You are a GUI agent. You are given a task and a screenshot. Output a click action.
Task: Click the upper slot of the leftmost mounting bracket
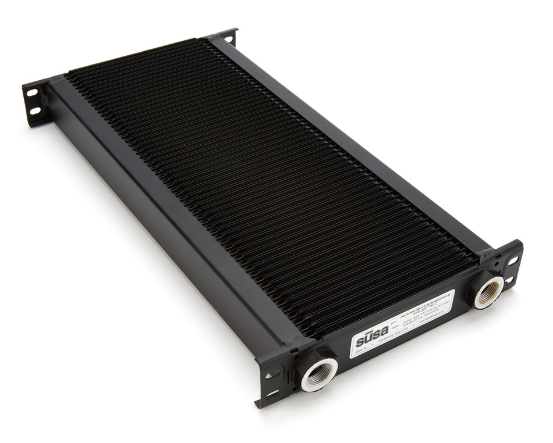32,94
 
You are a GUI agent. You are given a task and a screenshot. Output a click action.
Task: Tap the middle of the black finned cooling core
268,186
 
